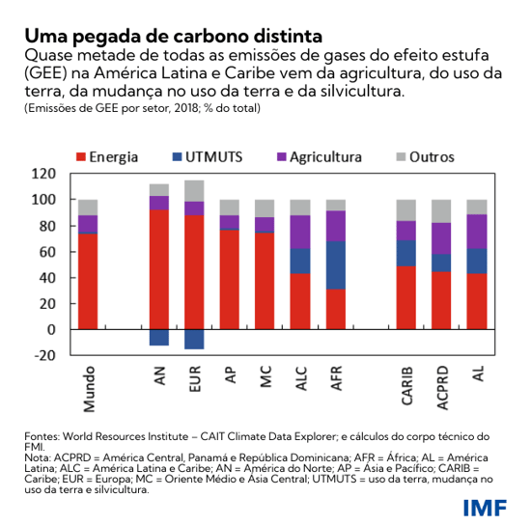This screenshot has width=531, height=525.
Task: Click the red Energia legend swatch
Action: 81,156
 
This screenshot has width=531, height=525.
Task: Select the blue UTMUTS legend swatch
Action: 177,156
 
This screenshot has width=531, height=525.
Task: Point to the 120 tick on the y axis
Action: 44,174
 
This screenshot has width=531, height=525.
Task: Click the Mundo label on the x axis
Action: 88,386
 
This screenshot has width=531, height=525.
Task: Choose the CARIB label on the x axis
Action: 406,385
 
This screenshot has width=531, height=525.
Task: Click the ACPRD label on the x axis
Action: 442,386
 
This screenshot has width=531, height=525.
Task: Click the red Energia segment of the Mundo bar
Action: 88,281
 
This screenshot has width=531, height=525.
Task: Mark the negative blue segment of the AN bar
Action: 158,337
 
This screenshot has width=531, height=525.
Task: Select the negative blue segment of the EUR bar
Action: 194,339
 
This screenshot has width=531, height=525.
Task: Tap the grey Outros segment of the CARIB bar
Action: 406,210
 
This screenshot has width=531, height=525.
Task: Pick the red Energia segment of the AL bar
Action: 477,301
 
